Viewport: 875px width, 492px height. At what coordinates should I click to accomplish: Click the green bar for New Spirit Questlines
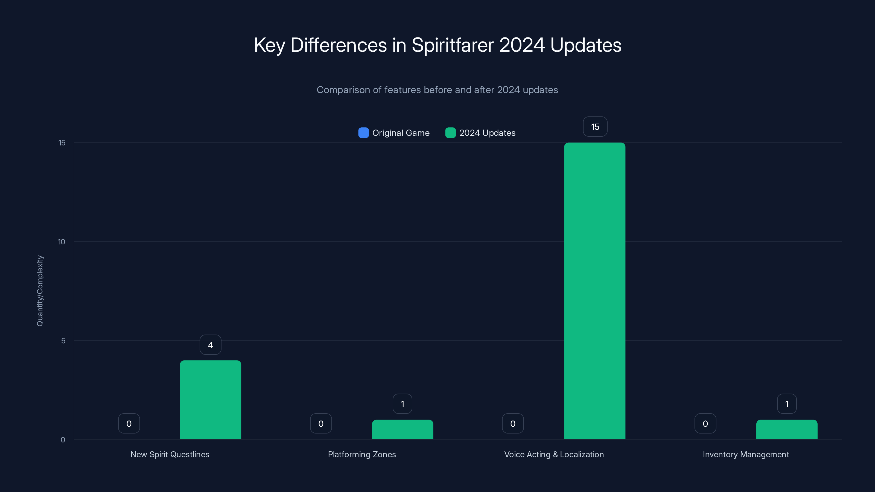[210, 400]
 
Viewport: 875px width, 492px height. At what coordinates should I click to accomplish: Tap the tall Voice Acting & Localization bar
[594, 291]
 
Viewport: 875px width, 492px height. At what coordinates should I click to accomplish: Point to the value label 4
[210, 345]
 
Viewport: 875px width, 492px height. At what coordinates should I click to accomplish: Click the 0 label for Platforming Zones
[321, 423]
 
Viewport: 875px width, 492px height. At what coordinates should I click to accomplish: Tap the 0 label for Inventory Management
[705, 423]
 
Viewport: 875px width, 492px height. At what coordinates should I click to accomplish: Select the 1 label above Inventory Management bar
[787, 404]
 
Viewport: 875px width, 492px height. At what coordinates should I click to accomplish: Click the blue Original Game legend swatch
[363, 133]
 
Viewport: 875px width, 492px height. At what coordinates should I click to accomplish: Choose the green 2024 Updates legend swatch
[450, 133]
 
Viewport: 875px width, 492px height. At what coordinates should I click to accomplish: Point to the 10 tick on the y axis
[62, 242]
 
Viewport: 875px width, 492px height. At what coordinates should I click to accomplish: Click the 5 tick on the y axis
[63, 341]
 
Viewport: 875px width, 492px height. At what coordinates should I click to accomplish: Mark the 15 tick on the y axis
[62, 143]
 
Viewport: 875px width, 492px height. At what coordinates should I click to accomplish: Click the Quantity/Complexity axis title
[40, 291]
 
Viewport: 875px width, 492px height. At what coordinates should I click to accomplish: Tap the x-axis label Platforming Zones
[362, 454]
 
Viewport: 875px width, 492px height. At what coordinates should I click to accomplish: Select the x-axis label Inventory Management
[746, 454]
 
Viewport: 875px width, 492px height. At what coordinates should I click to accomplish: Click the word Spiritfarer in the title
[453, 45]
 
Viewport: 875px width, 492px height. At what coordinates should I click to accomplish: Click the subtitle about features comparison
[437, 90]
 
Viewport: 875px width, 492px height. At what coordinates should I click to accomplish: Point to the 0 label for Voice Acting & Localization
[513, 423]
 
